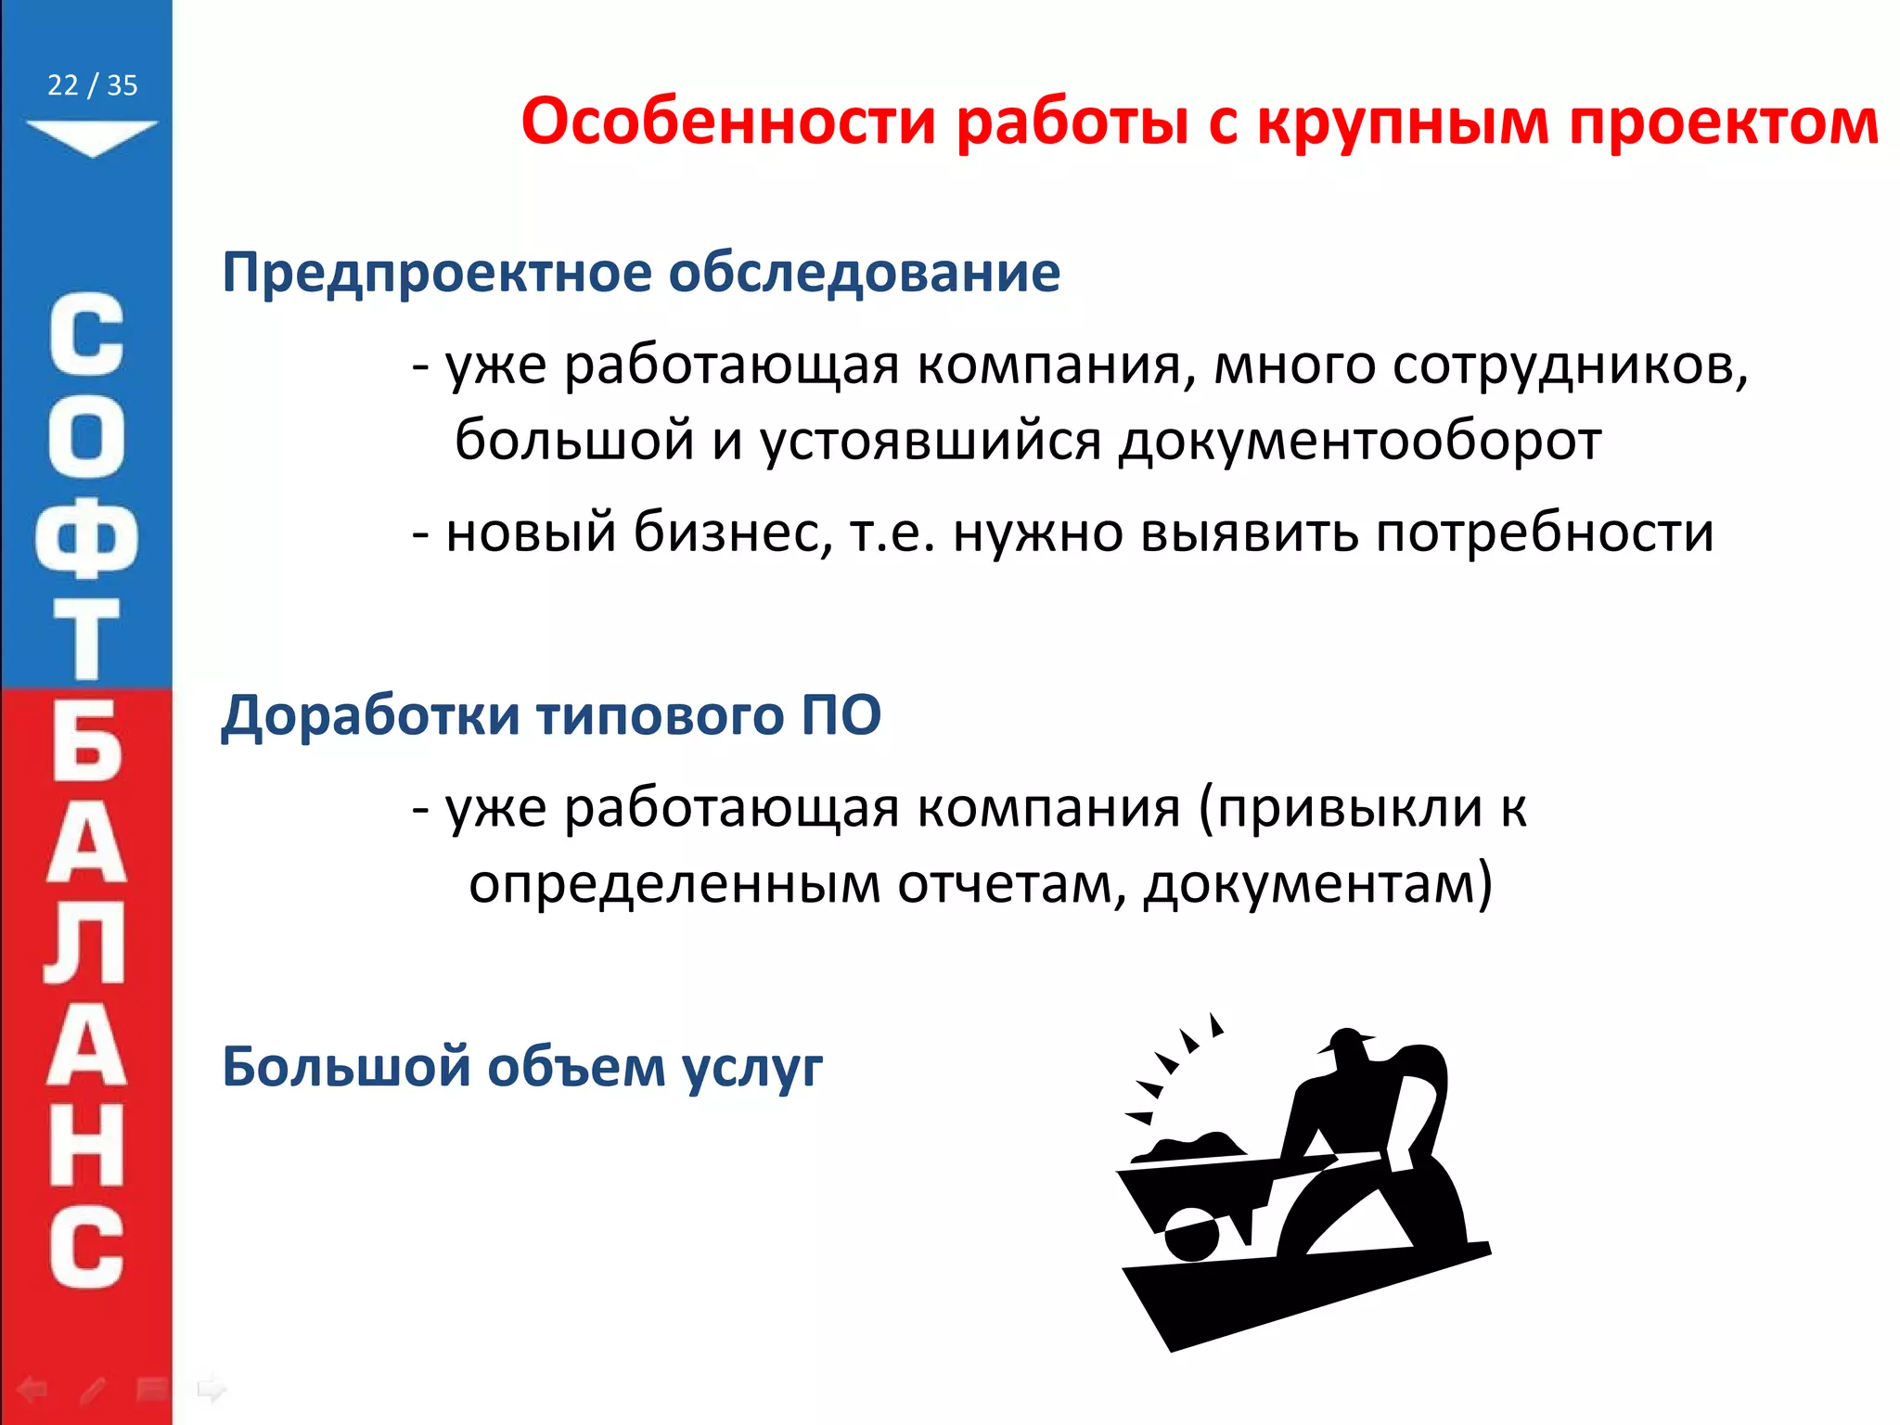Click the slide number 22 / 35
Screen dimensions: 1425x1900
point(92,85)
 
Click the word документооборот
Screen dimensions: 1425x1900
point(1359,440)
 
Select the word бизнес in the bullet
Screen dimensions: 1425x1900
point(733,533)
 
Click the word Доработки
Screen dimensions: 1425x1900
point(370,715)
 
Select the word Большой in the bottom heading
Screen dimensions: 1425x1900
point(347,1067)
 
